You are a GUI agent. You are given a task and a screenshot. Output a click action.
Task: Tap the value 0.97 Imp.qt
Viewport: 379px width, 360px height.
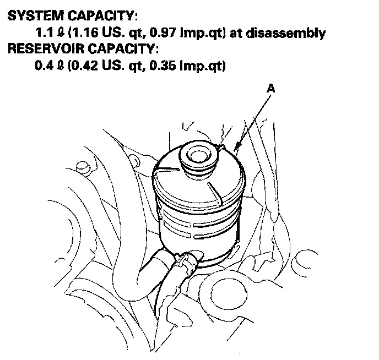tap(182, 32)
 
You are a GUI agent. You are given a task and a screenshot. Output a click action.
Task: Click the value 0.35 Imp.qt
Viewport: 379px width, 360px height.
tap(182, 66)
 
